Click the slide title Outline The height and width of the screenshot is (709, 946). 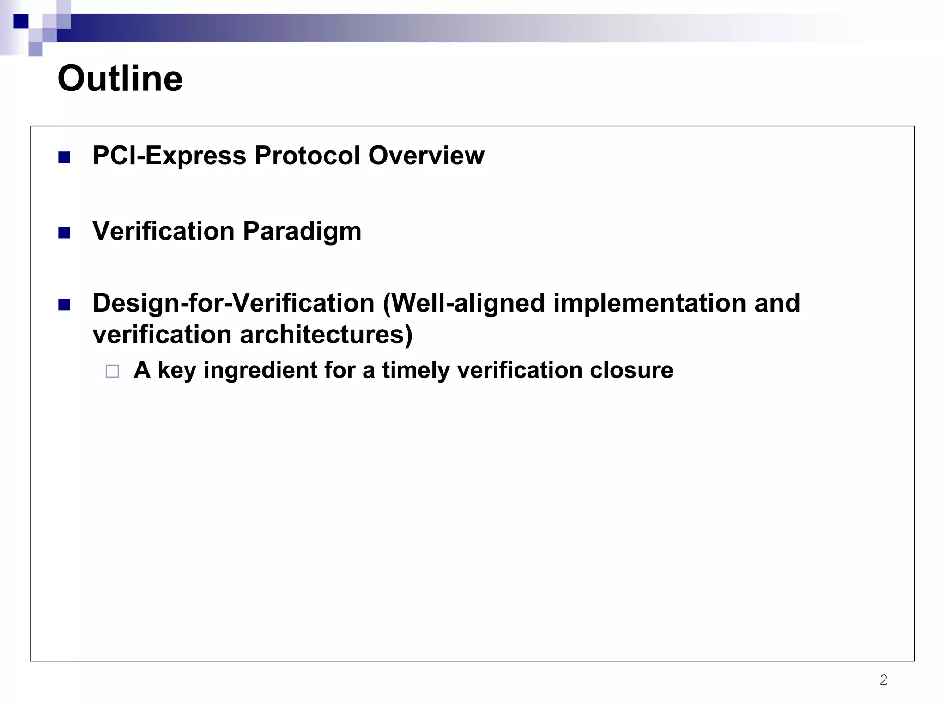[x=120, y=78]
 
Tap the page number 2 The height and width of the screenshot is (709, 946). [x=883, y=679]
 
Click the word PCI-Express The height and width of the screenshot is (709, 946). [x=169, y=156]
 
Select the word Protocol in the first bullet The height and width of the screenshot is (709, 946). [x=307, y=156]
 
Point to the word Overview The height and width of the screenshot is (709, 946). [x=426, y=156]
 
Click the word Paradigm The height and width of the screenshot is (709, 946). [x=302, y=231]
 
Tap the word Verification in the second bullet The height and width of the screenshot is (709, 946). [x=164, y=231]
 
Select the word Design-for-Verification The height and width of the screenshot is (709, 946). [x=233, y=303]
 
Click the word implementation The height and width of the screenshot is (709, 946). [x=649, y=303]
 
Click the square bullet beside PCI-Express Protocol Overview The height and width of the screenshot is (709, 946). [x=64, y=158]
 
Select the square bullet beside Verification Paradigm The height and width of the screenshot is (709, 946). [x=64, y=233]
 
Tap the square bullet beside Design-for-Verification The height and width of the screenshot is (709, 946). [x=64, y=305]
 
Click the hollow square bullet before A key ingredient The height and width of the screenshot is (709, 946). [x=112, y=371]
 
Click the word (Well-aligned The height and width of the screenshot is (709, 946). [x=464, y=303]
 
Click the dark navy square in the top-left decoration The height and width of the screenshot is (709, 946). [x=21, y=21]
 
